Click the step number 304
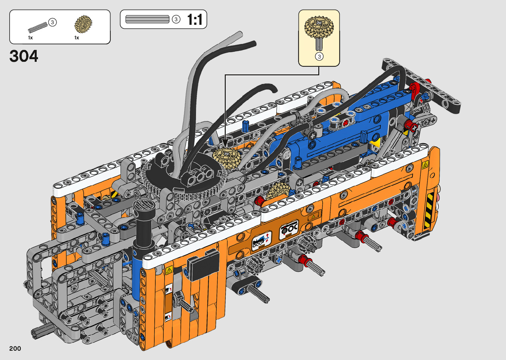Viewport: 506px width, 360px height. (x=24, y=56)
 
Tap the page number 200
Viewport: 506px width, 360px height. (x=15, y=348)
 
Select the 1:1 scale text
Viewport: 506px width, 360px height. (x=195, y=20)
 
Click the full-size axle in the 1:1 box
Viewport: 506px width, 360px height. (x=147, y=19)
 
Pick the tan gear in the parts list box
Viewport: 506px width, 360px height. (x=83, y=23)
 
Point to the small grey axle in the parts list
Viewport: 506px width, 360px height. (x=38, y=27)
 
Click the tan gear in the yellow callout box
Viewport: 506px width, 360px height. (x=319, y=27)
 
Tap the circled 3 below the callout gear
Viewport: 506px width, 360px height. (x=319, y=57)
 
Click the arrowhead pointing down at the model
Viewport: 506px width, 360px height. (x=225, y=143)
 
